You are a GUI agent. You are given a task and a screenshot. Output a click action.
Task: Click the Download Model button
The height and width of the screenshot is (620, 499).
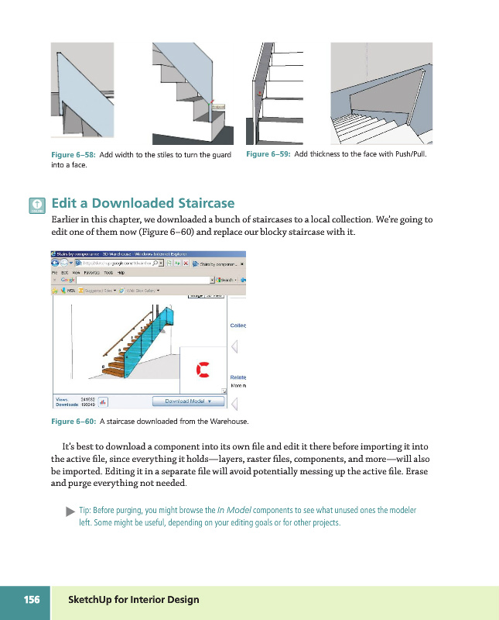(x=188, y=401)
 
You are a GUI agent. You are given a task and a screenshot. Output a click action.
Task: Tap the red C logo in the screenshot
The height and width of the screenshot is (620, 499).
(x=203, y=370)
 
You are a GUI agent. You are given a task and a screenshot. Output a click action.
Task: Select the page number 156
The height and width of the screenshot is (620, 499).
(x=32, y=600)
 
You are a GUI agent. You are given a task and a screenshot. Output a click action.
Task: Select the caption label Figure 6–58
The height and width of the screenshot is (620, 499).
(x=73, y=155)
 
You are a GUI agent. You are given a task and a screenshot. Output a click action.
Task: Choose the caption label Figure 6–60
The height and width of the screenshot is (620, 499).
(x=73, y=422)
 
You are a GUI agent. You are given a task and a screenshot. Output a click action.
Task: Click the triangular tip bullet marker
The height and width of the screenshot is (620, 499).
(x=70, y=511)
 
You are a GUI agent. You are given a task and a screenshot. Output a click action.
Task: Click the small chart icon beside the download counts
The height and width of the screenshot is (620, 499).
(x=103, y=401)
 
